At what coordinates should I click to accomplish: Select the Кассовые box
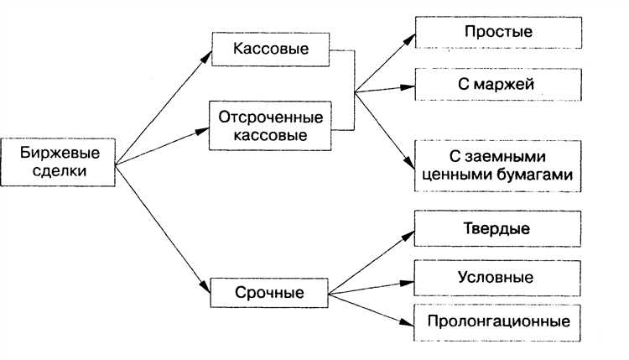(270, 50)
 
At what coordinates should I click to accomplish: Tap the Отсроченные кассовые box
(270, 124)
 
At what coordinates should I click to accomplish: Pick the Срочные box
(270, 293)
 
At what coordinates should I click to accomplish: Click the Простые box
(497, 32)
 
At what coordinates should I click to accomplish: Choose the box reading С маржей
(497, 84)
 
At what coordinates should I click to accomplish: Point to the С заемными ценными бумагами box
(497, 165)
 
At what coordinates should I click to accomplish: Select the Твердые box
(497, 228)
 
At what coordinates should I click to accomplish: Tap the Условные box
(497, 277)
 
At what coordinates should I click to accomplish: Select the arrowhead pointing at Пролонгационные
(410, 319)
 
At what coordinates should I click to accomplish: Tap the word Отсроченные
(270, 116)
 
